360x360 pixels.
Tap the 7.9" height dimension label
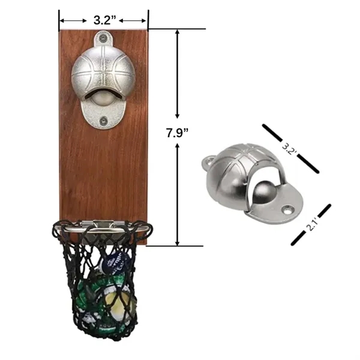coord(178,133)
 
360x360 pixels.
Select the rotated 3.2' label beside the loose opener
coord(290,147)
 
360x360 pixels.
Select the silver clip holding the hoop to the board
coord(103,224)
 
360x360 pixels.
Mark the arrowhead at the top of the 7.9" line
coord(178,32)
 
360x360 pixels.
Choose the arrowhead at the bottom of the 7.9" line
coord(178,241)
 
